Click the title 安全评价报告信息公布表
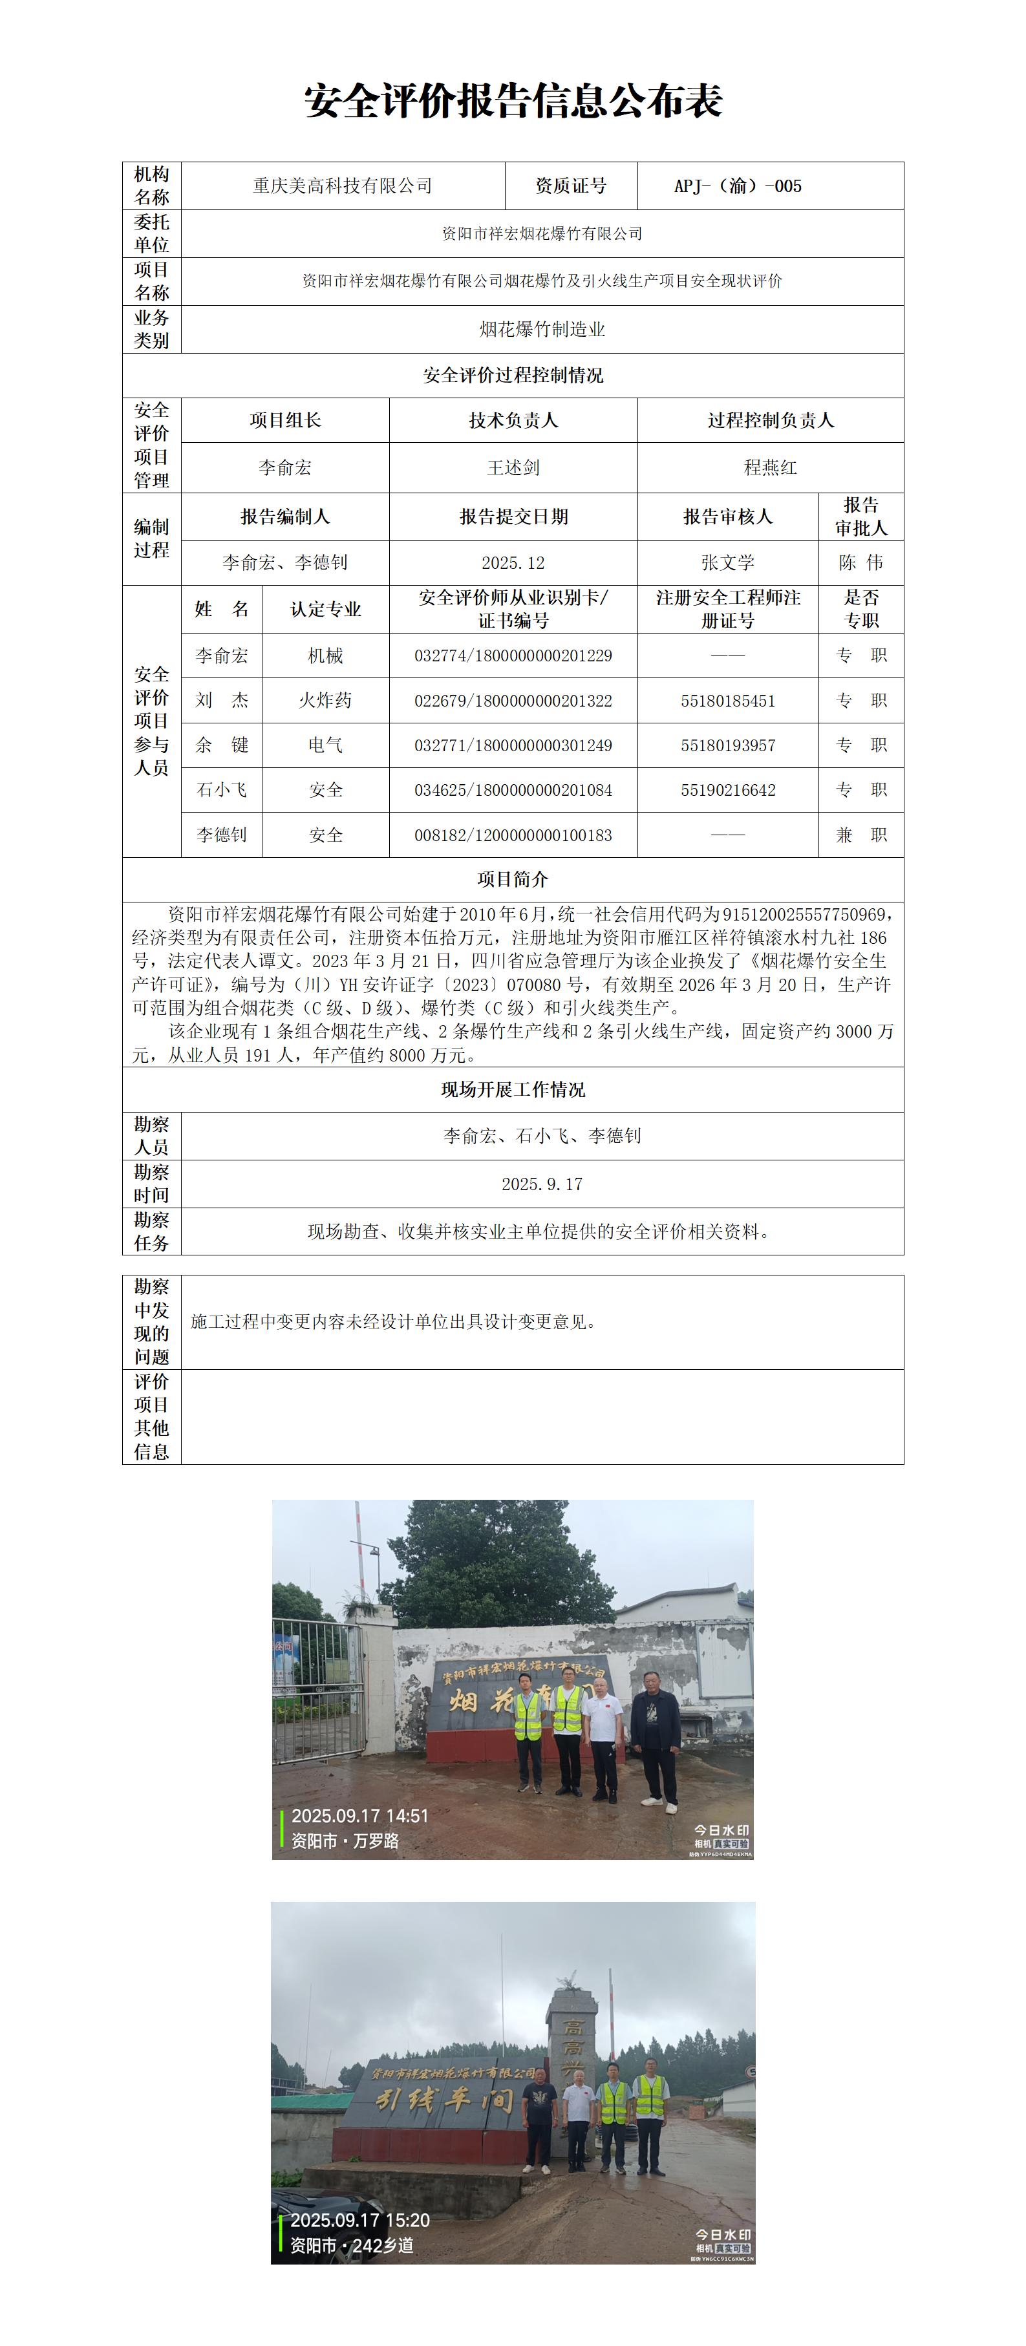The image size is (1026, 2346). [x=513, y=101]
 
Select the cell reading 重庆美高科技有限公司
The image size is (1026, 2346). [x=342, y=186]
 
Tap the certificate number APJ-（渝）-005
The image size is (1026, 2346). [x=738, y=186]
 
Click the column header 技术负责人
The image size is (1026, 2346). [x=513, y=420]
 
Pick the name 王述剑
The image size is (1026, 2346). [x=513, y=467]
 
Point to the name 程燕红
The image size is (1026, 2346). [x=770, y=467]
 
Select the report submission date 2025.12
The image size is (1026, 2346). [x=513, y=563]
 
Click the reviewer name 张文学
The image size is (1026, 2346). [x=727, y=563]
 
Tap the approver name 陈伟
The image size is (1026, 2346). [x=860, y=563]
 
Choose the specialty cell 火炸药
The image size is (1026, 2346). [x=325, y=700]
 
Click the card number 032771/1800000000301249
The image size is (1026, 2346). [x=513, y=745]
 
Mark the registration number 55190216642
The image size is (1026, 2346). [x=727, y=789]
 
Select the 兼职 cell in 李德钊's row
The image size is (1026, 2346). [x=860, y=834]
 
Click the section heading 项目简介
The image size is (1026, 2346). [x=513, y=879]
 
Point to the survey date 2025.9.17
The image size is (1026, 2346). [x=542, y=1184]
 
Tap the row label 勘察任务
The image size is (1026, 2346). [x=151, y=1232]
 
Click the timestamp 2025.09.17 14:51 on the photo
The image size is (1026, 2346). [x=359, y=1816]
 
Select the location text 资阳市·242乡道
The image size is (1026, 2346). [x=352, y=2246]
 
